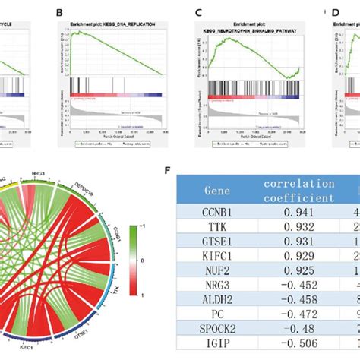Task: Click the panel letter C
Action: click(x=198, y=13)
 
